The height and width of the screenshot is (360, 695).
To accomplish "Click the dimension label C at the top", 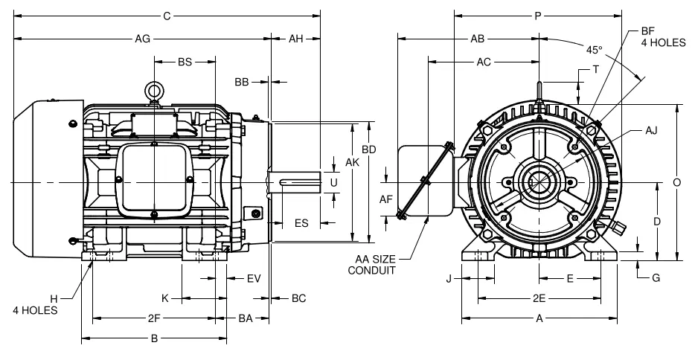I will (166, 14).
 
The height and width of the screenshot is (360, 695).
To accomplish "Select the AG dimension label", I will (141, 38).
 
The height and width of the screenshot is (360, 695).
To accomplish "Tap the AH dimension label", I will (295, 38).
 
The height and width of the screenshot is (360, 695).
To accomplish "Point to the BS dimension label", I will (185, 62).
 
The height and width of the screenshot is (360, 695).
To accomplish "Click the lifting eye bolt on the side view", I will (154, 91).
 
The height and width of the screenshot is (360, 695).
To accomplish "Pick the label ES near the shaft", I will (301, 222).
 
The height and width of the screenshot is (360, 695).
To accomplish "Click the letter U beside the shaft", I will (333, 182).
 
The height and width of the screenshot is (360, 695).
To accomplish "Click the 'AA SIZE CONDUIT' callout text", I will (373, 264).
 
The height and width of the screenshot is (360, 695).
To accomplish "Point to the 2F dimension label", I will (154, 318).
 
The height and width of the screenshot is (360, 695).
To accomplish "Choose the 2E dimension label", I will (538, 298).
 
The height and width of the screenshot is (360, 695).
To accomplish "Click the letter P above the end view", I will (538, 14).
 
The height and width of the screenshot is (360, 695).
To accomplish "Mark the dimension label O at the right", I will (676, 182).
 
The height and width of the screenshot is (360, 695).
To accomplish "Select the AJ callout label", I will (651, 131).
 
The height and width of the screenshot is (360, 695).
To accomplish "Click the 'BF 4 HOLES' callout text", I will (662, 38).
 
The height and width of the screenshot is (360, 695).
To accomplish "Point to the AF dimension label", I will (386, 199).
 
